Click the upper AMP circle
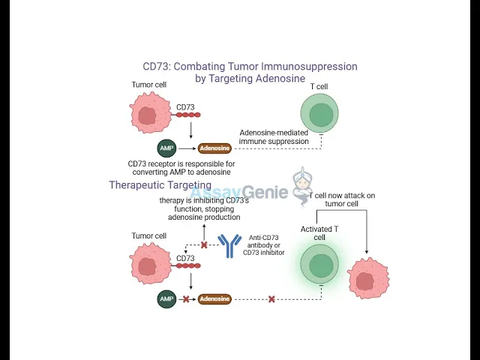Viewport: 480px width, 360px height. click(166, 148)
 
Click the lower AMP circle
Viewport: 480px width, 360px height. click(166, 299)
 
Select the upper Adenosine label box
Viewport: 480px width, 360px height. click(214, 148)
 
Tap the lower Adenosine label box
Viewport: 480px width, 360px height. click(214, 299)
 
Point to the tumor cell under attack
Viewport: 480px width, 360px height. click(368, 279)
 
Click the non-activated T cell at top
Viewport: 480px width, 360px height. click(321, 115)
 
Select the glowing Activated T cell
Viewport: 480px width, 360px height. click(321, 266)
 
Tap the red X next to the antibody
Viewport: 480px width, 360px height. click(203, 245)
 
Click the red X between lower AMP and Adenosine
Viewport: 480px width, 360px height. click(186, 299)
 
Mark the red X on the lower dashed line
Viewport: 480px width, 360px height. click(271, 299)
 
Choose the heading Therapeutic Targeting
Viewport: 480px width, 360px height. click(160, 185)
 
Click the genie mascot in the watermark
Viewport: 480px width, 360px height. click(301, 184)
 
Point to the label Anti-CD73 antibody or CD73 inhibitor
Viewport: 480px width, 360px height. click(263, 246)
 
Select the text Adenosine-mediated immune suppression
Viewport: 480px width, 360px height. click(274, 136)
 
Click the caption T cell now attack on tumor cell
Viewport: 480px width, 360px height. click(343, 199)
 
